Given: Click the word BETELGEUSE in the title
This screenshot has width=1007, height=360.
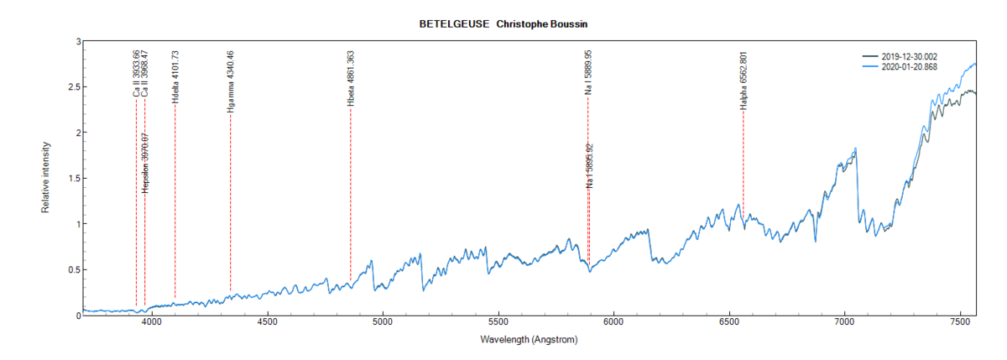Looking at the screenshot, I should pyautogui.click(x=454, y=24).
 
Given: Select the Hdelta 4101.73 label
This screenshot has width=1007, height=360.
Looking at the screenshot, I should pyautogui.click(x=175, y=77).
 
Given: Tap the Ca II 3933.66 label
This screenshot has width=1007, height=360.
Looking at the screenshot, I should pyautogui.click(x=136, y=74).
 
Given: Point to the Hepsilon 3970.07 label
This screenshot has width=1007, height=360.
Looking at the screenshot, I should pyautogui.click(x=145, y=163).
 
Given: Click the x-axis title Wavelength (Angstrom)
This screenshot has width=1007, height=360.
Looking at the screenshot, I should pyautogui.click(x=529, y=340).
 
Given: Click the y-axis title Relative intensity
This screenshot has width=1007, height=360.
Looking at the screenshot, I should pyautogui.click(x=47, y=178).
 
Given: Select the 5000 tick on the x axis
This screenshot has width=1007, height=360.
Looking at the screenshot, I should pyautogui.click(x=383, y=321).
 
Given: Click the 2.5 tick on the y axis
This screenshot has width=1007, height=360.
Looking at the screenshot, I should pyautogui.click(x=74, y=87).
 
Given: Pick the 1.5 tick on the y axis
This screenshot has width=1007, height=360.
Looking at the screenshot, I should pyautogui.click(x=74, y=179).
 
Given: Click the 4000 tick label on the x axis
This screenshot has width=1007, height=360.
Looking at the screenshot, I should pyautogui.click(x=152, y=321).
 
